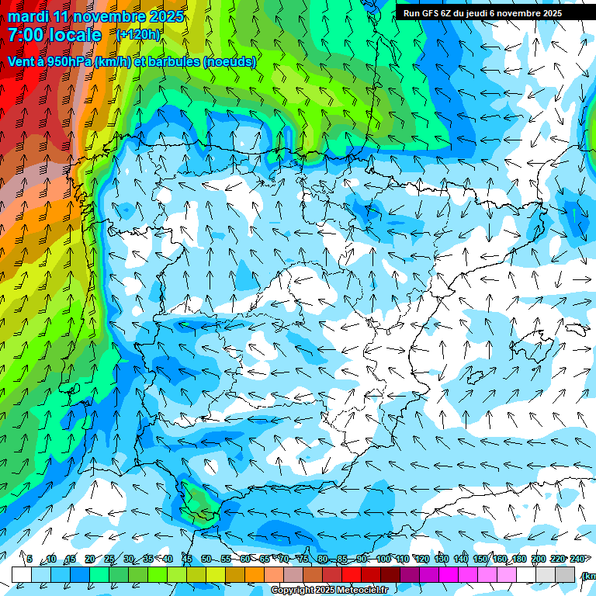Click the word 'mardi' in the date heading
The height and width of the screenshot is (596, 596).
(x=29, y=16)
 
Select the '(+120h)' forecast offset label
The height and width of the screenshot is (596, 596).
(x=138, y=35)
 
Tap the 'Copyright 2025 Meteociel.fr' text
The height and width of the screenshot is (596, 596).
(x=329, y=591)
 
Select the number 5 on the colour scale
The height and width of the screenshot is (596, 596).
(x=29, y=559)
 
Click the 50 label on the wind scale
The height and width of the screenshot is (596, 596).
(x=206, y=559)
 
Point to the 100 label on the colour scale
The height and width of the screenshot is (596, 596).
(x=383, y=559)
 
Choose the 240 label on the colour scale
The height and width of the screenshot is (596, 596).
(x=577, y=559)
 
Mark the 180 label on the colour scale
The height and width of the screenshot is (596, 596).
(x=519, y=559)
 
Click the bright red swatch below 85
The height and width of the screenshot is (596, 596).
(x=352, y=574)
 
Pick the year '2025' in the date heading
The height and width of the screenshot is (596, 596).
(x=165, y=16)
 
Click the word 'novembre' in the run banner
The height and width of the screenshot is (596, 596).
(x=532, y=13)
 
